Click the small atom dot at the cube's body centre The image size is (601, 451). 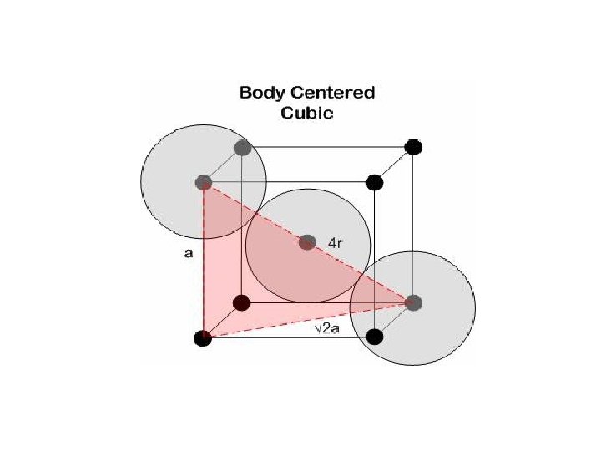click(307, 242)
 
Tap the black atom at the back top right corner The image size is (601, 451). click(413, 148)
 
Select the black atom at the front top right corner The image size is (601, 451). click(375, 181)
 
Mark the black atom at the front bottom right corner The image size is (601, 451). click(375, 337)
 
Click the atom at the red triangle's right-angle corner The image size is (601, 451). click(203, 337)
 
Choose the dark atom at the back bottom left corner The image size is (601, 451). click(242, 303)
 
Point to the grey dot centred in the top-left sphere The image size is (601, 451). click(203, 182)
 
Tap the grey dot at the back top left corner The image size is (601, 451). click(243, 149)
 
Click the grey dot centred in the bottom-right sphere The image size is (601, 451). click(414, 303)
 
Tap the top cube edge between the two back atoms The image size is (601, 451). click(334, 148)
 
